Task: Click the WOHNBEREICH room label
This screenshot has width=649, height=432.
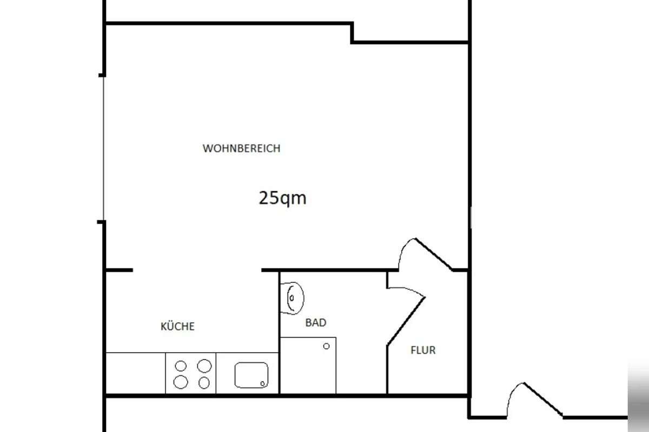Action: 241,148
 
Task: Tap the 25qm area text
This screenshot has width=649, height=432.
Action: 282,199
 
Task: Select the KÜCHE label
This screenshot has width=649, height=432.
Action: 177,326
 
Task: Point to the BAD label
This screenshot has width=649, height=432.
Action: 316,322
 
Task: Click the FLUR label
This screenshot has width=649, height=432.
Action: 423,350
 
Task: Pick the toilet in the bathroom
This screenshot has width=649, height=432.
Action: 292,298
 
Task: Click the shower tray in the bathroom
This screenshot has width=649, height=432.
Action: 308,365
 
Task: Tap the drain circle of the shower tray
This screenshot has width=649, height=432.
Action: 326,346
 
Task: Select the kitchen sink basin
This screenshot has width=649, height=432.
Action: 251,375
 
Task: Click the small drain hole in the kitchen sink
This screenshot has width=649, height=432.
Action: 262,384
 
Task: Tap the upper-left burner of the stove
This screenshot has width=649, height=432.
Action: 181,366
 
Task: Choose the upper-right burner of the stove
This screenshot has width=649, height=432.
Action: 204,366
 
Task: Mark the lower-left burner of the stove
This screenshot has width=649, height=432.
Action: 181,382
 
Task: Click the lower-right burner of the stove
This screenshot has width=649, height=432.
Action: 204,383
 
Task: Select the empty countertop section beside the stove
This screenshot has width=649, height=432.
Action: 136,373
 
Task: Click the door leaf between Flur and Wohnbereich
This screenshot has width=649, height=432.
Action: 434,254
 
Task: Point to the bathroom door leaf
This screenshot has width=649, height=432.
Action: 406,321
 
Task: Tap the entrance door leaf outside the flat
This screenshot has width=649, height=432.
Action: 543,400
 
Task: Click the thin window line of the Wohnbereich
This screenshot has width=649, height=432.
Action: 103,148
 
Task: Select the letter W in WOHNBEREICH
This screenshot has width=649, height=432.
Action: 207,148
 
